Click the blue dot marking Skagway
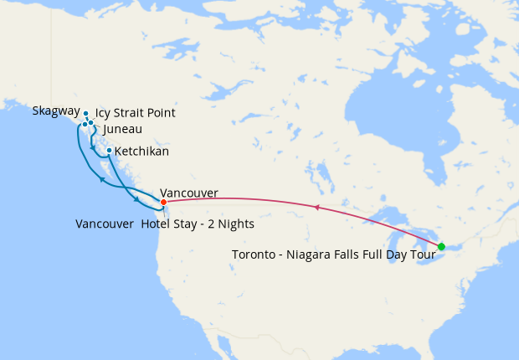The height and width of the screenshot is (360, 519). [85, 113]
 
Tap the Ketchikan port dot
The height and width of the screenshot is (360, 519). [109, 151]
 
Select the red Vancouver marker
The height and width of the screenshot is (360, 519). [163, 202]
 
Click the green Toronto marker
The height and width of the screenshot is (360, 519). [441, 246]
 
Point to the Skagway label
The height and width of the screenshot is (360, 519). [56, 111]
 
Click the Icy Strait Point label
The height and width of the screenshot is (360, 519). [136, 113]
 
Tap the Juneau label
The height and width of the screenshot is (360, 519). [121, 129]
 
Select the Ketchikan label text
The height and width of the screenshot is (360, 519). [141, 152]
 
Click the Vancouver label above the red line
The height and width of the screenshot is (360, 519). [188, 193]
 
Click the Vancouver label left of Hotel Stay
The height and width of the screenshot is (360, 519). [104, 224]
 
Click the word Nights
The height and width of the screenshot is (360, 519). [235, 224]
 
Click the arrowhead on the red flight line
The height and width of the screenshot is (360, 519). [317, 206]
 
